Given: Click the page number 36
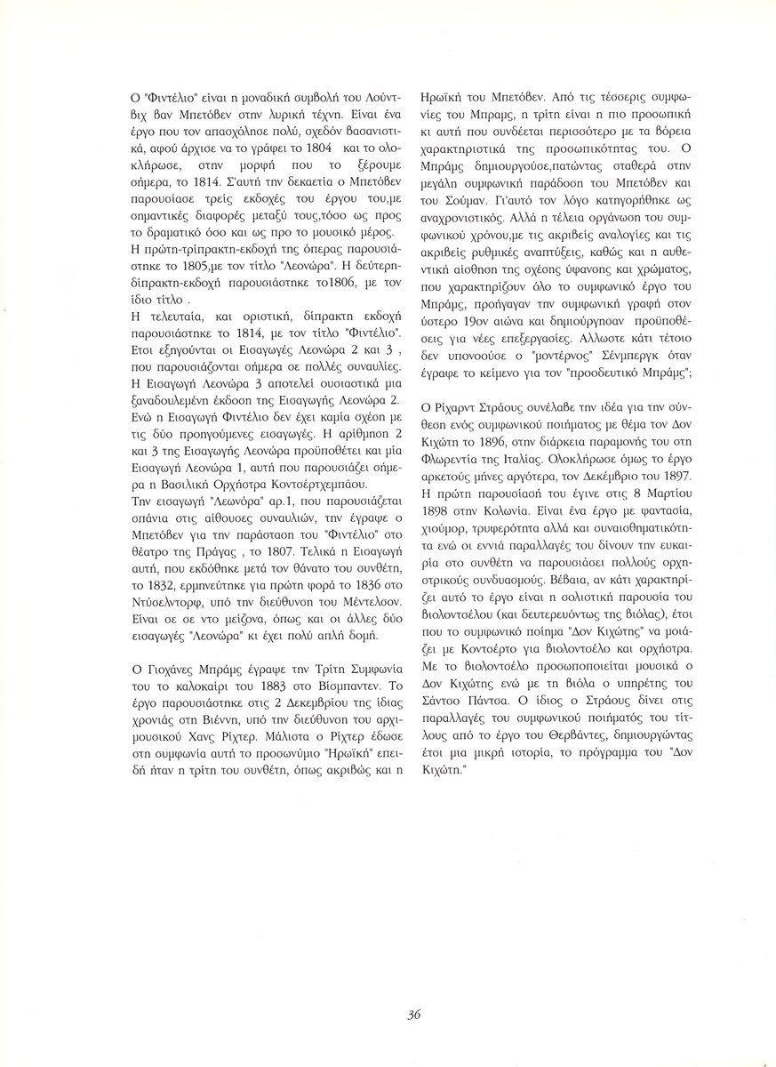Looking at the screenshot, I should (x=413, y=1015).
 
